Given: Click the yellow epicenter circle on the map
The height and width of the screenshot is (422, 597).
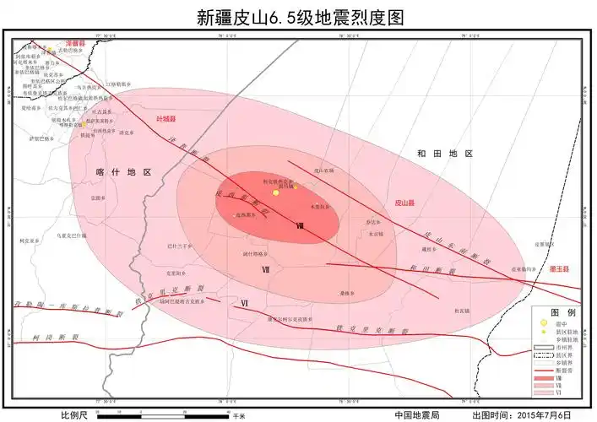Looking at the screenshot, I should click(x=275, y=193).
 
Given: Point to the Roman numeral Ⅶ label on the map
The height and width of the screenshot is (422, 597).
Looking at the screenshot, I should click(x=266, y=270).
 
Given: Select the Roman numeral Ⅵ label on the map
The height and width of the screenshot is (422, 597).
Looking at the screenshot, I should click(x=244, y=302).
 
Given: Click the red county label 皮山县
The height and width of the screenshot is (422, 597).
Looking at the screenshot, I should click(x=405, y=203).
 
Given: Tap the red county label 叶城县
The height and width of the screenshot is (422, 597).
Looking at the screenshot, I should click(x=170, y=119).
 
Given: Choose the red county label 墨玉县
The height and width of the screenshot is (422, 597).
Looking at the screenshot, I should click(x=558, y=268).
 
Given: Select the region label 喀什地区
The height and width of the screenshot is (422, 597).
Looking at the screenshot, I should click(x=123, y=171).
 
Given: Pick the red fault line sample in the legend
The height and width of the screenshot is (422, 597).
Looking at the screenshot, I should click(x=545, y=371).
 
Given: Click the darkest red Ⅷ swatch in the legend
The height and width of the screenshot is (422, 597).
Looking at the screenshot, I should click(x=545, y=380).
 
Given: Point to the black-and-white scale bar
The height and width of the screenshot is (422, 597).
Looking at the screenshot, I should click(x=160, y=415).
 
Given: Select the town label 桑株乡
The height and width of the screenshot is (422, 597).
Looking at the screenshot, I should click(x=345, y=294).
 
